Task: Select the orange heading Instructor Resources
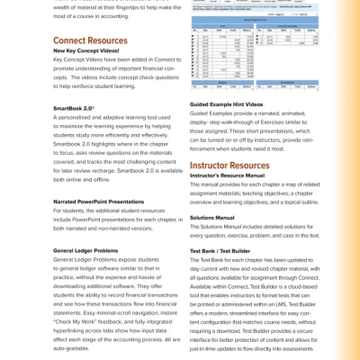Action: (x=229, y=166)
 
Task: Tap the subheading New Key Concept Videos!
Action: (x=92, y=51)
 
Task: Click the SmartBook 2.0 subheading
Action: (x=75, y=107)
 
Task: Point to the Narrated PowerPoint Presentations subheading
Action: (x=98, y=202)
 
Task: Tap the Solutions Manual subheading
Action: (x=212, y=217)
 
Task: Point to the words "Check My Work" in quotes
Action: (x=76, y=321)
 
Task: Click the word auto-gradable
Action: (x=73, y=346)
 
